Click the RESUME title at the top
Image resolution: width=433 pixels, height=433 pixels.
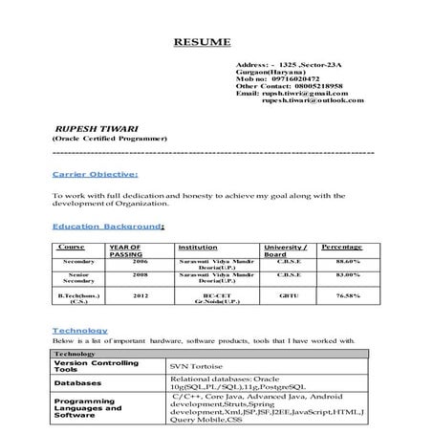pyautogui.click(x=201, y=43)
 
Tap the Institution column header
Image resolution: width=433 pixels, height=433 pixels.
pyautogui.click(x=198, y=248)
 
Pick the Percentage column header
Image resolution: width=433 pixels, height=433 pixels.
pyautogui.click(x=341, y=247)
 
